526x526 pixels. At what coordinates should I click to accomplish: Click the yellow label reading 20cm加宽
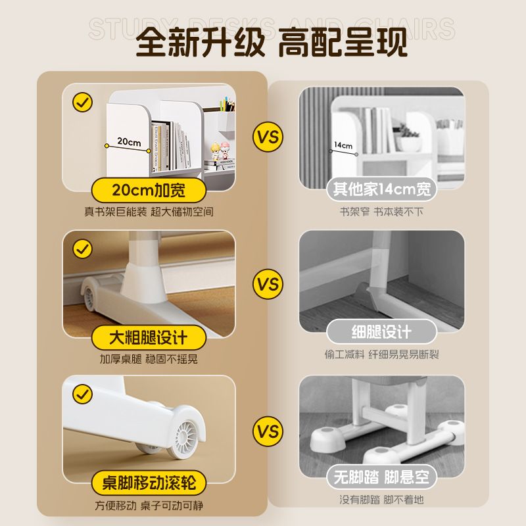(x=148, y=191)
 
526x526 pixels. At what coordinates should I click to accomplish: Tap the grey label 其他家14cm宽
(x=382, y=190)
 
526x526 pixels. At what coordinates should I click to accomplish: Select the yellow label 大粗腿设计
(x=148, y=337)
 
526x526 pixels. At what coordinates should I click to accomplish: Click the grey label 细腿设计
(x=382, y=331)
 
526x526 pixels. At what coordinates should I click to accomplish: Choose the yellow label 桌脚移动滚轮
(x=148, y=484)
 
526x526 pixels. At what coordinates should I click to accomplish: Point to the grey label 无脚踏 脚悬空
(x=382, y=476)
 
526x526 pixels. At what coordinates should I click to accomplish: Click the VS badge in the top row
(x=267, y=139)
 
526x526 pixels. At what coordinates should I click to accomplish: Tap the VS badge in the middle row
(x=267, y=285)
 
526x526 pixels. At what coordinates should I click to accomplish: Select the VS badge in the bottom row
(x=267, y=432)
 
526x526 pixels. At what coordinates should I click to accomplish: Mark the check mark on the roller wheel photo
(x=82, y=394)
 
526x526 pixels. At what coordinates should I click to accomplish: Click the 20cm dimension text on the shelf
(x=129, y=141)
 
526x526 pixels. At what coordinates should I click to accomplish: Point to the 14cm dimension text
(x=343, y=145)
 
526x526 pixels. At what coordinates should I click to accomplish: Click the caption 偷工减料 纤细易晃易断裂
(x=382, y=354)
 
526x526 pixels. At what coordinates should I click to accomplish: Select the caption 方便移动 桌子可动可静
(x=148, y=506)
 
